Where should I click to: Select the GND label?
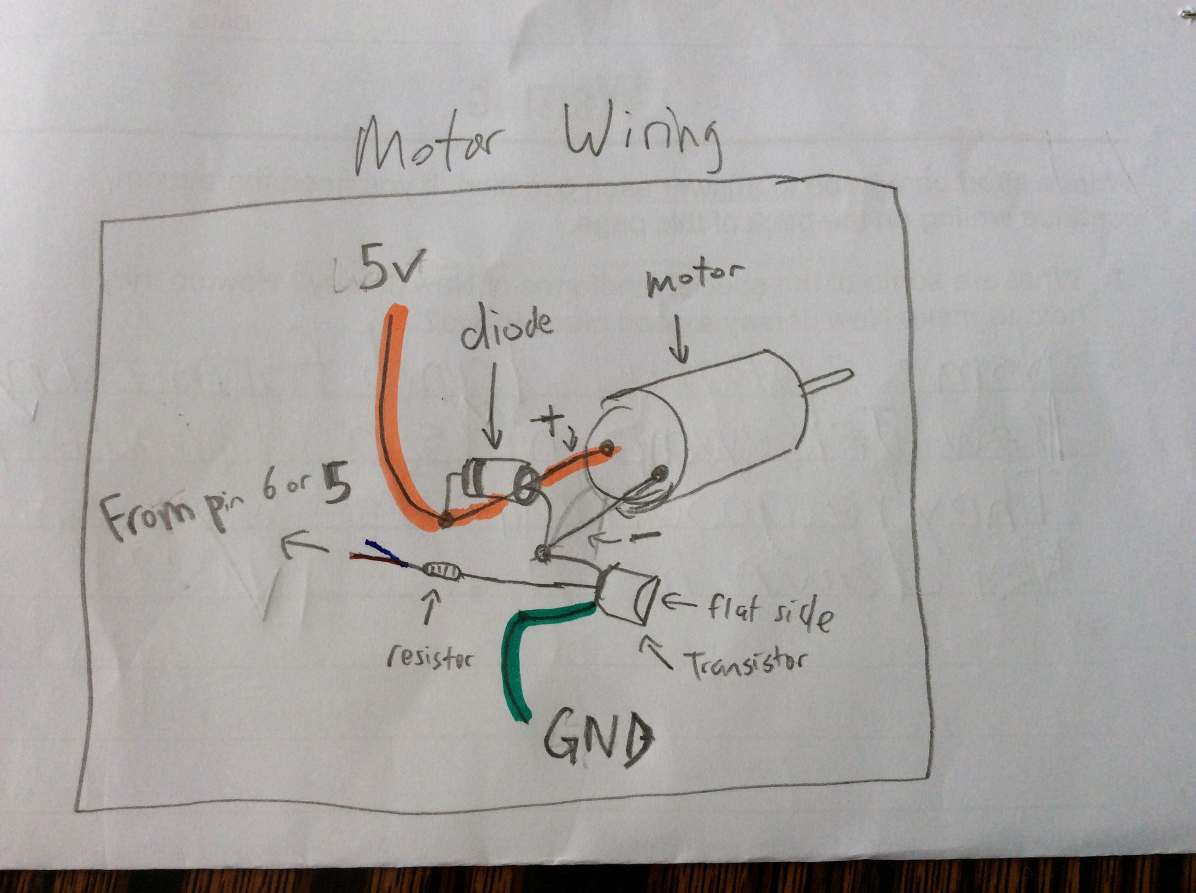pyautogui.click(x=598, y=741)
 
